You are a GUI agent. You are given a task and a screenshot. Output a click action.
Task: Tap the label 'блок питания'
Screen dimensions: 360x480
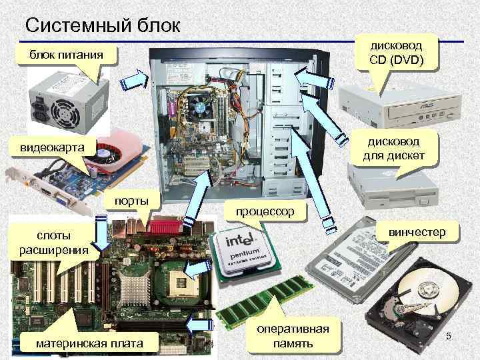click(65, 55)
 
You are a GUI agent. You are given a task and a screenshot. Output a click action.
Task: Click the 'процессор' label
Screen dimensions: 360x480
click(266, 211)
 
